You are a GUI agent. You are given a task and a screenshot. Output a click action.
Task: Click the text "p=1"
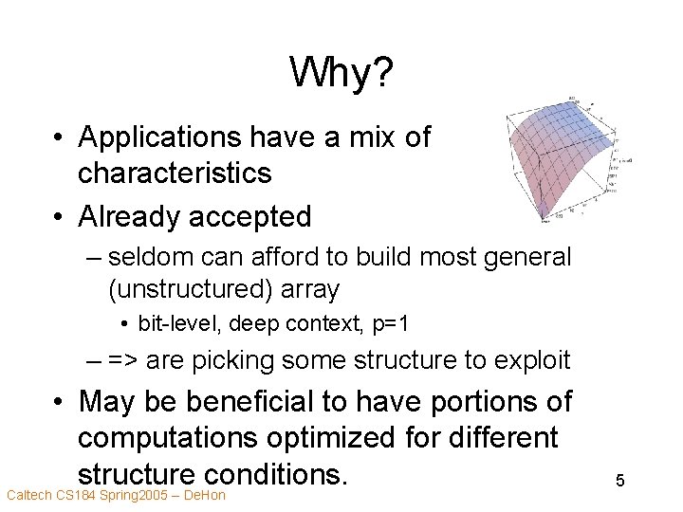click(390, 324)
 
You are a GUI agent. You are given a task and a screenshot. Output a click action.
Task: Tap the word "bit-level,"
click(174, 324)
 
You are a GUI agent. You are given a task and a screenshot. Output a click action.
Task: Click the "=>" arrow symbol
click(122, 361)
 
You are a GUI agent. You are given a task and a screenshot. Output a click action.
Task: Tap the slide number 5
click(619, 481)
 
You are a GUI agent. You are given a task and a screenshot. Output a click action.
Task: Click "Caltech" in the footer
click(28, 495)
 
